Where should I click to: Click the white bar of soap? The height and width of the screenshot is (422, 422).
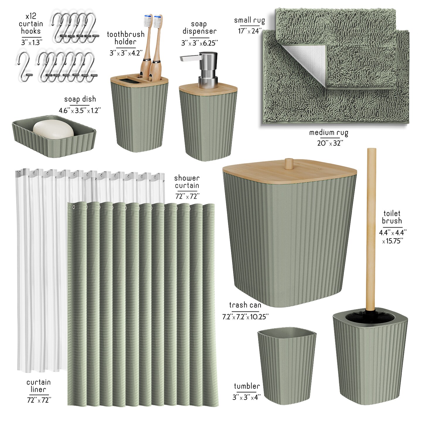53,130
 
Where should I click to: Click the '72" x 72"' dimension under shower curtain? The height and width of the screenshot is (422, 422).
187,196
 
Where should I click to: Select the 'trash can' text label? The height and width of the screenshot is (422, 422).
245,305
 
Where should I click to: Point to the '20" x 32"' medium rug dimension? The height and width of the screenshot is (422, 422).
330,143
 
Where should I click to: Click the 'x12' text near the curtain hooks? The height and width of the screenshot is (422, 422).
31,16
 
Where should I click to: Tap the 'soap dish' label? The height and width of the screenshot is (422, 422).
80,99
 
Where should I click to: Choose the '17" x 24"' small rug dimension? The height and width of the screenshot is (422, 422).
250,31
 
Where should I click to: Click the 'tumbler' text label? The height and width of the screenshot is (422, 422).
247,386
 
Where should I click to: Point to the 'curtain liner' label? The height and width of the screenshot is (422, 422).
39,386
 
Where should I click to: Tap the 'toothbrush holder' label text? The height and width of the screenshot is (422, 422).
126,38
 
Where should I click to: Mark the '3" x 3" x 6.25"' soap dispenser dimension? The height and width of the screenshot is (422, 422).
200,43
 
